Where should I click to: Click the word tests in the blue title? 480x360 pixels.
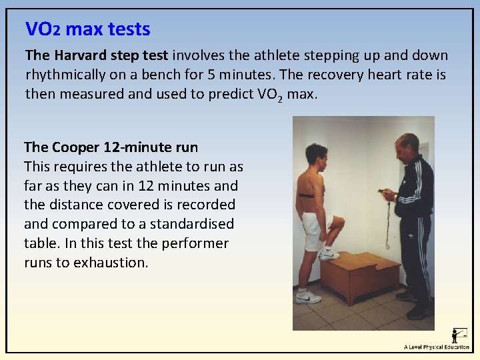126,29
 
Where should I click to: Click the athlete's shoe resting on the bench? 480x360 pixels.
329,254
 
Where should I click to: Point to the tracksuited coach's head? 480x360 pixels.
406,146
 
